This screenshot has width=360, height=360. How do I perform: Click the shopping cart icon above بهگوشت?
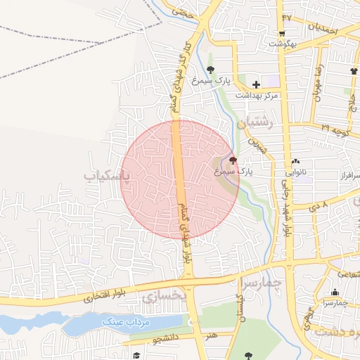(281, 32)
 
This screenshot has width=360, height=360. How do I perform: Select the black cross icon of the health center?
(256, 84)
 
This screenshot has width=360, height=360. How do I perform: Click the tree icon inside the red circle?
(233, 160)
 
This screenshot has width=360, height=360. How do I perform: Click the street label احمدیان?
(323, 28)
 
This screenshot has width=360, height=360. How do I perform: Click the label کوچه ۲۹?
(336, 128)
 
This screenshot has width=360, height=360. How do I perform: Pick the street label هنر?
(212, 336)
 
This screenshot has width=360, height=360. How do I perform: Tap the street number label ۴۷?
(286, 17)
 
